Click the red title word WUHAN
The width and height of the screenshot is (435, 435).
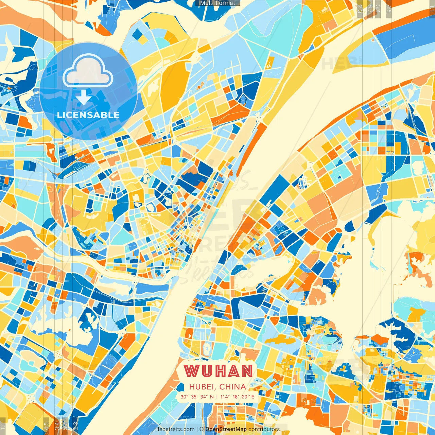pos(219,371)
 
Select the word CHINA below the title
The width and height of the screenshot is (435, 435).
pos(233,387)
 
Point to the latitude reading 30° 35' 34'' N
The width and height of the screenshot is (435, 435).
pos(197,397)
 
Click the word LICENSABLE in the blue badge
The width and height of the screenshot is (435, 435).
pos(88,115)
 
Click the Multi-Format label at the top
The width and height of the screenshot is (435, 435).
pos(217,3)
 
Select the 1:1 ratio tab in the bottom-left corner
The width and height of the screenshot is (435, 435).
pos(3,427)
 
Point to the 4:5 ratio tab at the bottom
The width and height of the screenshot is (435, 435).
pos(46,427)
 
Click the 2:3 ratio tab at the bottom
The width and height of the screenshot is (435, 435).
pos(75,427)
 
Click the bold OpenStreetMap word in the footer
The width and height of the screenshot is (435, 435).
pos(226,429)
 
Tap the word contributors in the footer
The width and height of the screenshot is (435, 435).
pos(264,429)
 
